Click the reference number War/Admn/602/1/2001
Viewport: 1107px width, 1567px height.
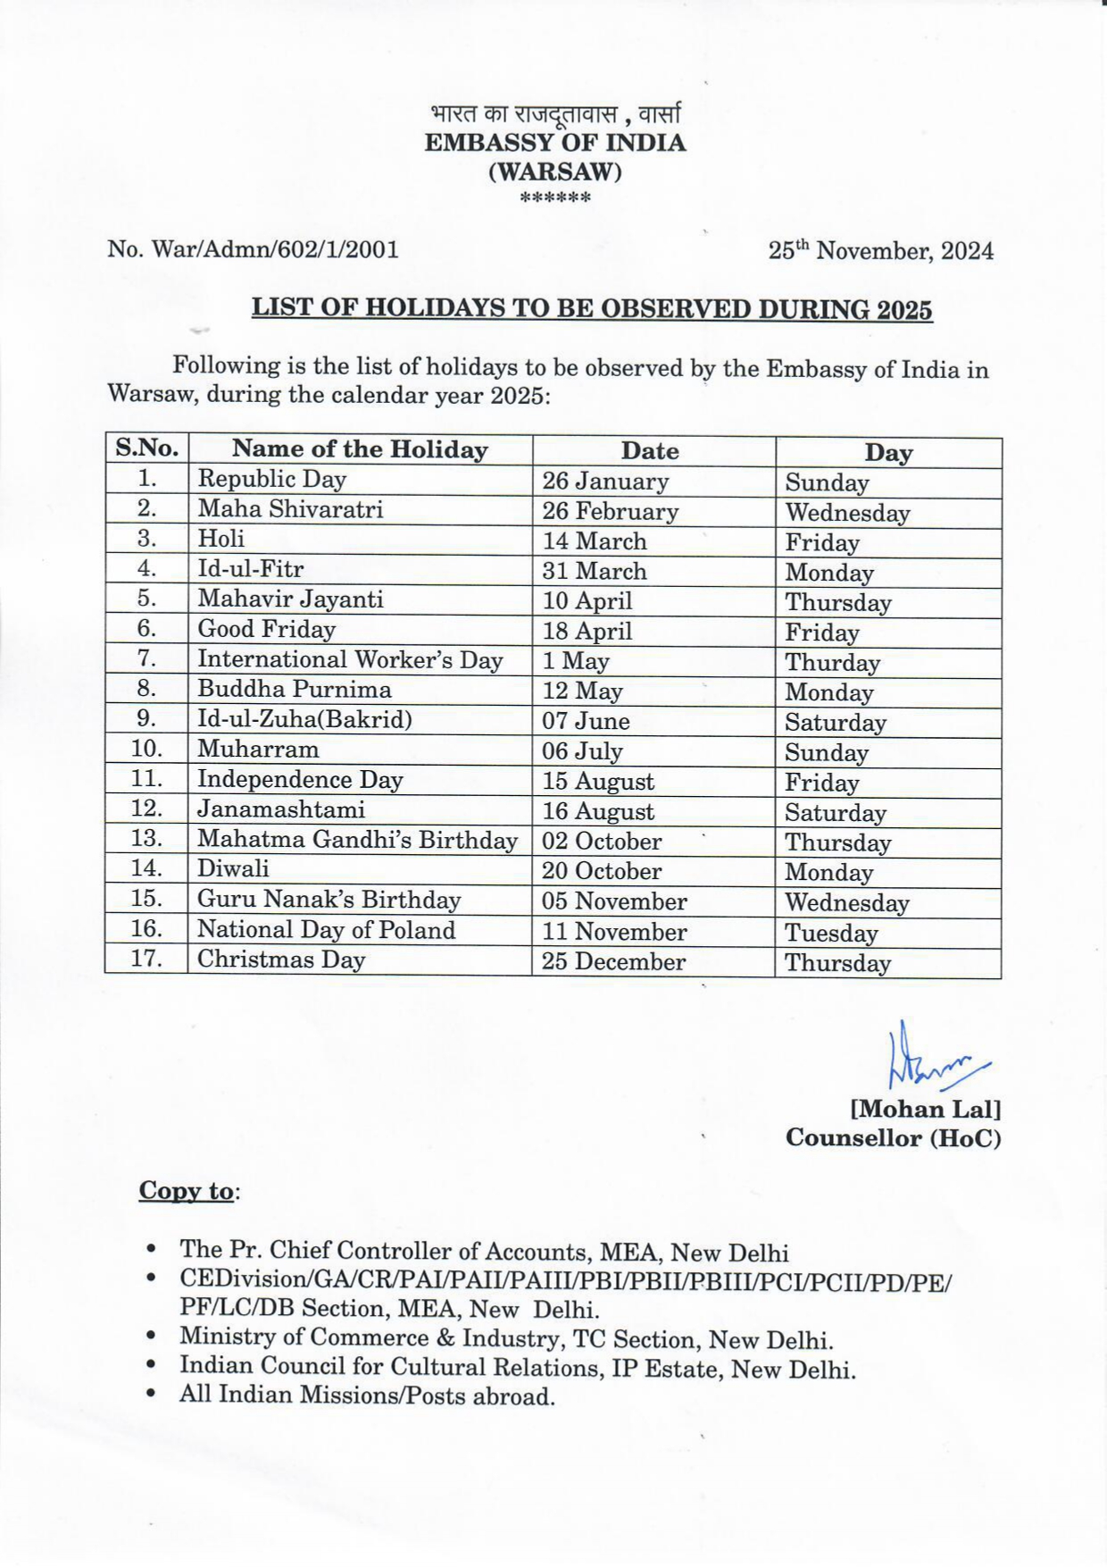pos(253,249)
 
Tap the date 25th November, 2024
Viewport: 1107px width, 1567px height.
pos(880,251)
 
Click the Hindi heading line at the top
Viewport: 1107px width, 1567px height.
pos(554,115)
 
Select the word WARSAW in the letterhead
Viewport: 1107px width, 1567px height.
pos(554,171)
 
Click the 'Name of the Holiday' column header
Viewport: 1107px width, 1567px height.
pos(360,449)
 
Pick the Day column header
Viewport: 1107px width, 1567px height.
pos(887,452)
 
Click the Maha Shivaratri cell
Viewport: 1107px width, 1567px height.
pos(290,509)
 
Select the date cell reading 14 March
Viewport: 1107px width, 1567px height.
pos(594,541)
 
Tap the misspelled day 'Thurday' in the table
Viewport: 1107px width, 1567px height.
pos(832,663)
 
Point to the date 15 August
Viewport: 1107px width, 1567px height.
pos(597,782)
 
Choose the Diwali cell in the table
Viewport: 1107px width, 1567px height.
pos(233,868)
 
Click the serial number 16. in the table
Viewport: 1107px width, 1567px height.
pos(146,929)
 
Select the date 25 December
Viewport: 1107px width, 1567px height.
pos(613,962)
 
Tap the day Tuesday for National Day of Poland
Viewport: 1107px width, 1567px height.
pos(831,934)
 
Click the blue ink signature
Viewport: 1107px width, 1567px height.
pos(933,1059)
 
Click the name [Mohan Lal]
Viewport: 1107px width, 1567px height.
pos(925,1110)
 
